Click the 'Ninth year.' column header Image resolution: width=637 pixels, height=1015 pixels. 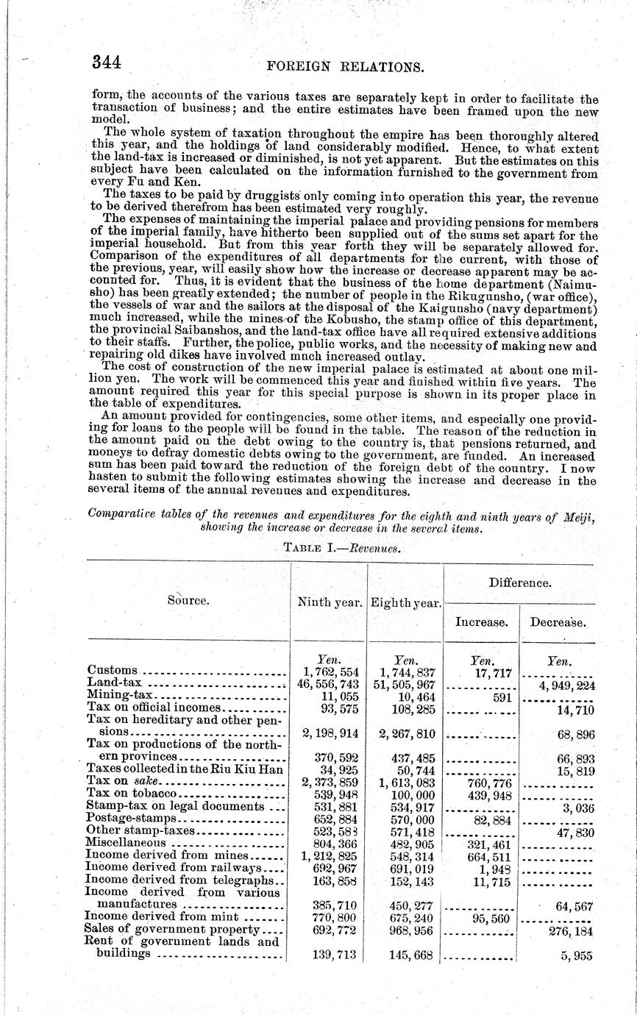[x=330, y=601]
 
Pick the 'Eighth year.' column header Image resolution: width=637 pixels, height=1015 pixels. [x=405, y=602]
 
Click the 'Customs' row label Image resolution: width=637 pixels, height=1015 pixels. [x=113, y=670]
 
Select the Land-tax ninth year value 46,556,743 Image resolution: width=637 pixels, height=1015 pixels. [x=330, y=683]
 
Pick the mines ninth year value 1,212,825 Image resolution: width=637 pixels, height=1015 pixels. [x=329, y=855]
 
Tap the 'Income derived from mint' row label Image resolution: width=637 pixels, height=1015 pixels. [x=162, y=916]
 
